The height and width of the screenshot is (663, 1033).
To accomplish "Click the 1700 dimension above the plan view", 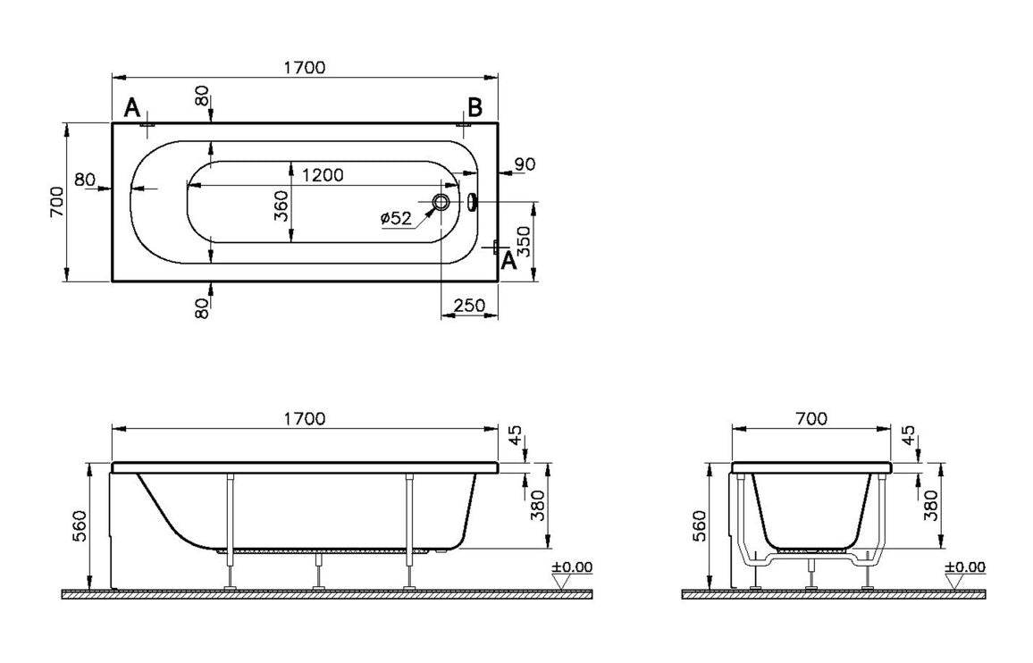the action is pyautogui.click(x=306, y=68).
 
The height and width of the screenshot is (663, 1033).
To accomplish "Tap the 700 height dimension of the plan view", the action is pyautogui.click(x=57, y=202).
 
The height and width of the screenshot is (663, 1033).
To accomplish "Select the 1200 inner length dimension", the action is pyautogui.click(x=322, y=175).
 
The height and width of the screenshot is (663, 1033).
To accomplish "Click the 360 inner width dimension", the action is pyautogui.click(x=281, y=207).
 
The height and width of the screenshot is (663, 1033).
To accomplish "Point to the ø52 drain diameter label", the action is pyautogui.click(x=395, y=218).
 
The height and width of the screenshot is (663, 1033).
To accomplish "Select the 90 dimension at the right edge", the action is pyautogui.click(x=525, y=164).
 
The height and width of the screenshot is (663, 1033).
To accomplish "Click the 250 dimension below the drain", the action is pyautogui.click(x=469, y=306).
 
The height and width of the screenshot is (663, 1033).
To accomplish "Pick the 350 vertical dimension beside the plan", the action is pyautogui.click(x=525, y=241).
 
